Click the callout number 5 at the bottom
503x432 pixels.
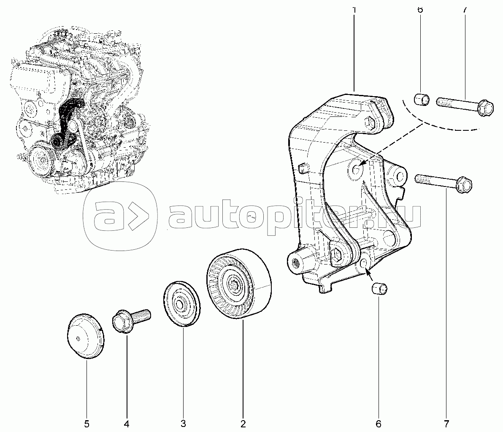coord(86,423)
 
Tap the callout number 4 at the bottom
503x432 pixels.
coord(127,423)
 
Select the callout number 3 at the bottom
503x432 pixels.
coord(183,423)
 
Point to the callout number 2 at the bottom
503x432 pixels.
coord(243,423)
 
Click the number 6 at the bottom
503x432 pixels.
coord(378,423)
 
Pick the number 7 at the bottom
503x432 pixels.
coord(446,423)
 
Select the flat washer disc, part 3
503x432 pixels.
coord(181,303)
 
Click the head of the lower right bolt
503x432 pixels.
coord(464,184)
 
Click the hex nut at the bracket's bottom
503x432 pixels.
coord(337,255)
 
